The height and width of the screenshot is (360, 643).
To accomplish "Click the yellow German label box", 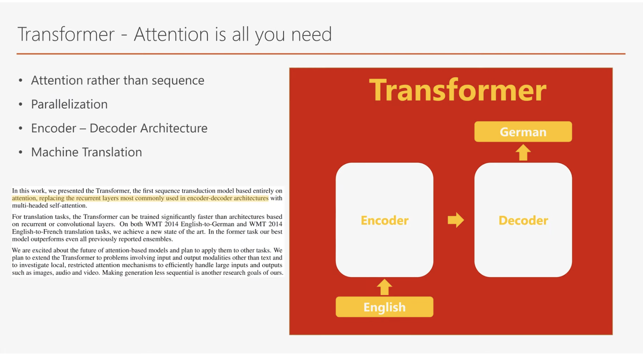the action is tap(523, 131).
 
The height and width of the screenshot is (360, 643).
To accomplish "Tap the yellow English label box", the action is tap(384, 307).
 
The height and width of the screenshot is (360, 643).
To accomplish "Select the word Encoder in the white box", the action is tap(384, 220).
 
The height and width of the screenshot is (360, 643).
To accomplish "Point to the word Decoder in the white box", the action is tap(523, 220).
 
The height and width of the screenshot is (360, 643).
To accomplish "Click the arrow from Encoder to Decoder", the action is tap(456, 220).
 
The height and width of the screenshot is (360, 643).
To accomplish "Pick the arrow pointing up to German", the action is tap(523, 153).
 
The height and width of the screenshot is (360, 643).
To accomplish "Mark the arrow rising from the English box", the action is tap(384, 287).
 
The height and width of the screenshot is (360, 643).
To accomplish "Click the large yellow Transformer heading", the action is tap(458, 90).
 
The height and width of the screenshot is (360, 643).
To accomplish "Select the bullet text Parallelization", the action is tap(69, 104).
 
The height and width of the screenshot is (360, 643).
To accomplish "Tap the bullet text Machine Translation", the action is tap(86, 152).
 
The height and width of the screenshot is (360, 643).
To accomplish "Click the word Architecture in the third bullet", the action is tap(174, 128).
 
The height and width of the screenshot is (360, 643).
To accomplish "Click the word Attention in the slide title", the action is tap(171, 34).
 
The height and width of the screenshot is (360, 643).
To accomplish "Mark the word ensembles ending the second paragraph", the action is tap(158, 239).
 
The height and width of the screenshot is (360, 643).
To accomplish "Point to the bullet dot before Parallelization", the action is tap(20, 104).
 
